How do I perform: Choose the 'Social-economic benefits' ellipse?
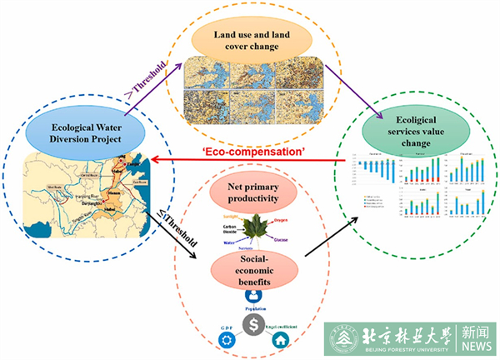249,272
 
